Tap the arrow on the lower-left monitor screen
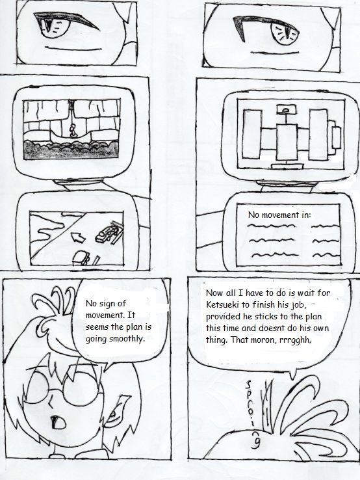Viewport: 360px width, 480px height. click(78, 237)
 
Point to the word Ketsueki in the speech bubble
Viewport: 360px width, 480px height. click(222, 305)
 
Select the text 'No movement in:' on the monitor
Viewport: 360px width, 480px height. click(279, 215)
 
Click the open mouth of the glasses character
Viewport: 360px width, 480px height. click(58, 423)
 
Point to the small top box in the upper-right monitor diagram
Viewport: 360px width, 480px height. click(287, 109)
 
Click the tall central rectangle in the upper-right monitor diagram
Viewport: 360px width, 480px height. click(287, 141)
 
